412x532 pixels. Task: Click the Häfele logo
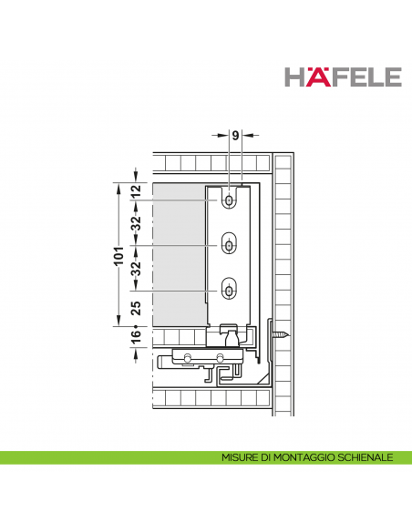coord(343,77)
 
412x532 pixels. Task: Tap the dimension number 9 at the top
coord(235,136)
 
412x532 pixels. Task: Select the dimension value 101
coord(118,256)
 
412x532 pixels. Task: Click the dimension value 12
coord(136,191)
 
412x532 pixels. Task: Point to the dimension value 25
coord(136,308)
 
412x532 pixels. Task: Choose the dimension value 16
coord(136,336)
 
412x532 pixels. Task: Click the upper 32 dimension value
coord(136,223)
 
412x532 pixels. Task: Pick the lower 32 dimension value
coord(136,268)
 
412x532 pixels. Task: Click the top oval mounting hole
coord(230,199)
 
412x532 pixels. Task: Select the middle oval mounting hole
coord(230,245)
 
